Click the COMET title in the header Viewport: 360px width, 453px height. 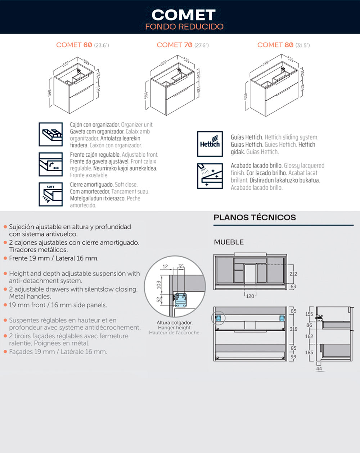[184, 15]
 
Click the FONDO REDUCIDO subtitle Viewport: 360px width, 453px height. [184, 27]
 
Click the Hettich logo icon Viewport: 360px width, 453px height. [210, 144]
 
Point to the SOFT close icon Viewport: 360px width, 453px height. [51, 194]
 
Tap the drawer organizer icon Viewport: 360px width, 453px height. [51, 134]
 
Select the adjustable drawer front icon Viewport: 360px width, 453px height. [51, 164]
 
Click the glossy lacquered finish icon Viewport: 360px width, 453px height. [210, 176]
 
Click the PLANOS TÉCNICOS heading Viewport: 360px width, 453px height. [255, 217]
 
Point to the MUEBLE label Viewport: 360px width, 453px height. [229, 242]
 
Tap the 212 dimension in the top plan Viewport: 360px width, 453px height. [293, 274]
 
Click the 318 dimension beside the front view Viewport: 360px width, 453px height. [294, 329]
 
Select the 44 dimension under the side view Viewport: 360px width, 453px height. [319, 369]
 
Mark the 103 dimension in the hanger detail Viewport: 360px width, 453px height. [159, 285]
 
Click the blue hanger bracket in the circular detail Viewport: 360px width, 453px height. [181, 300]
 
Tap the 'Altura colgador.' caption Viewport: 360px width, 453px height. [175, 323]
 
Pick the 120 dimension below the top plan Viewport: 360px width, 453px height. [250, 296]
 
